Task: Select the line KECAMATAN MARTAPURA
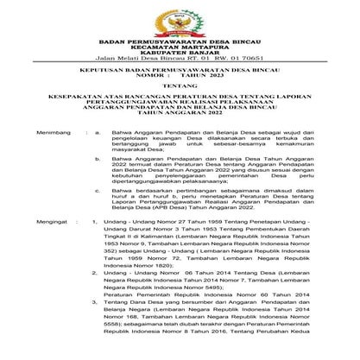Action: point(180,47)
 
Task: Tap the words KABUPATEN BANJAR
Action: point(180,55)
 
